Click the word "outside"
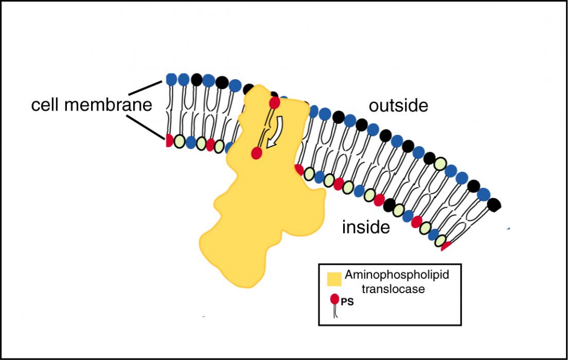(x=398, y=106)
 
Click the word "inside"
(x=366, y=227)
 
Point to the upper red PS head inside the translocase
(x=275, y=103)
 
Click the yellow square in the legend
(x=334, y=279)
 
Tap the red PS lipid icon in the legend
(x=335, y=299)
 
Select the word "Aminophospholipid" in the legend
(x=397, y=275)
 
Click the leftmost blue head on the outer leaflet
(x=171, y=80)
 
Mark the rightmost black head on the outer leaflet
(x=494, y=204)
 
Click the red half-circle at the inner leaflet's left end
(x=169, y=140)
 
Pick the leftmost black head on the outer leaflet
(x=197, y=80)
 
